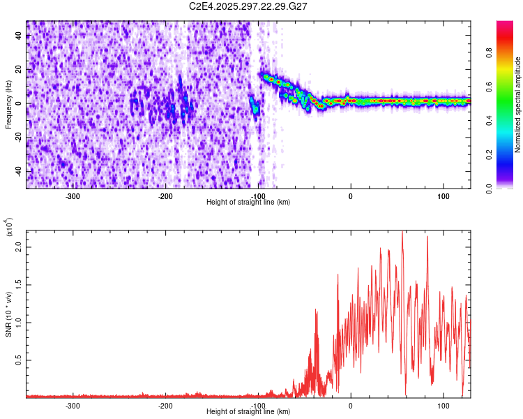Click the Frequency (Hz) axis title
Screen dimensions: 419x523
[9, 104]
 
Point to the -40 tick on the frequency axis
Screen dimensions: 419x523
[17, 171]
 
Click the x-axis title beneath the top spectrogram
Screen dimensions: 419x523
[248, 202]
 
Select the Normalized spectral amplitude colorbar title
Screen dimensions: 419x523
[518, 104]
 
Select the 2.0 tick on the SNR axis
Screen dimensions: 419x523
[19, 247]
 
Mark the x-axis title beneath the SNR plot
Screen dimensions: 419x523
[248, 412]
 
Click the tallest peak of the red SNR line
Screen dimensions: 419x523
[402, 233]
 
